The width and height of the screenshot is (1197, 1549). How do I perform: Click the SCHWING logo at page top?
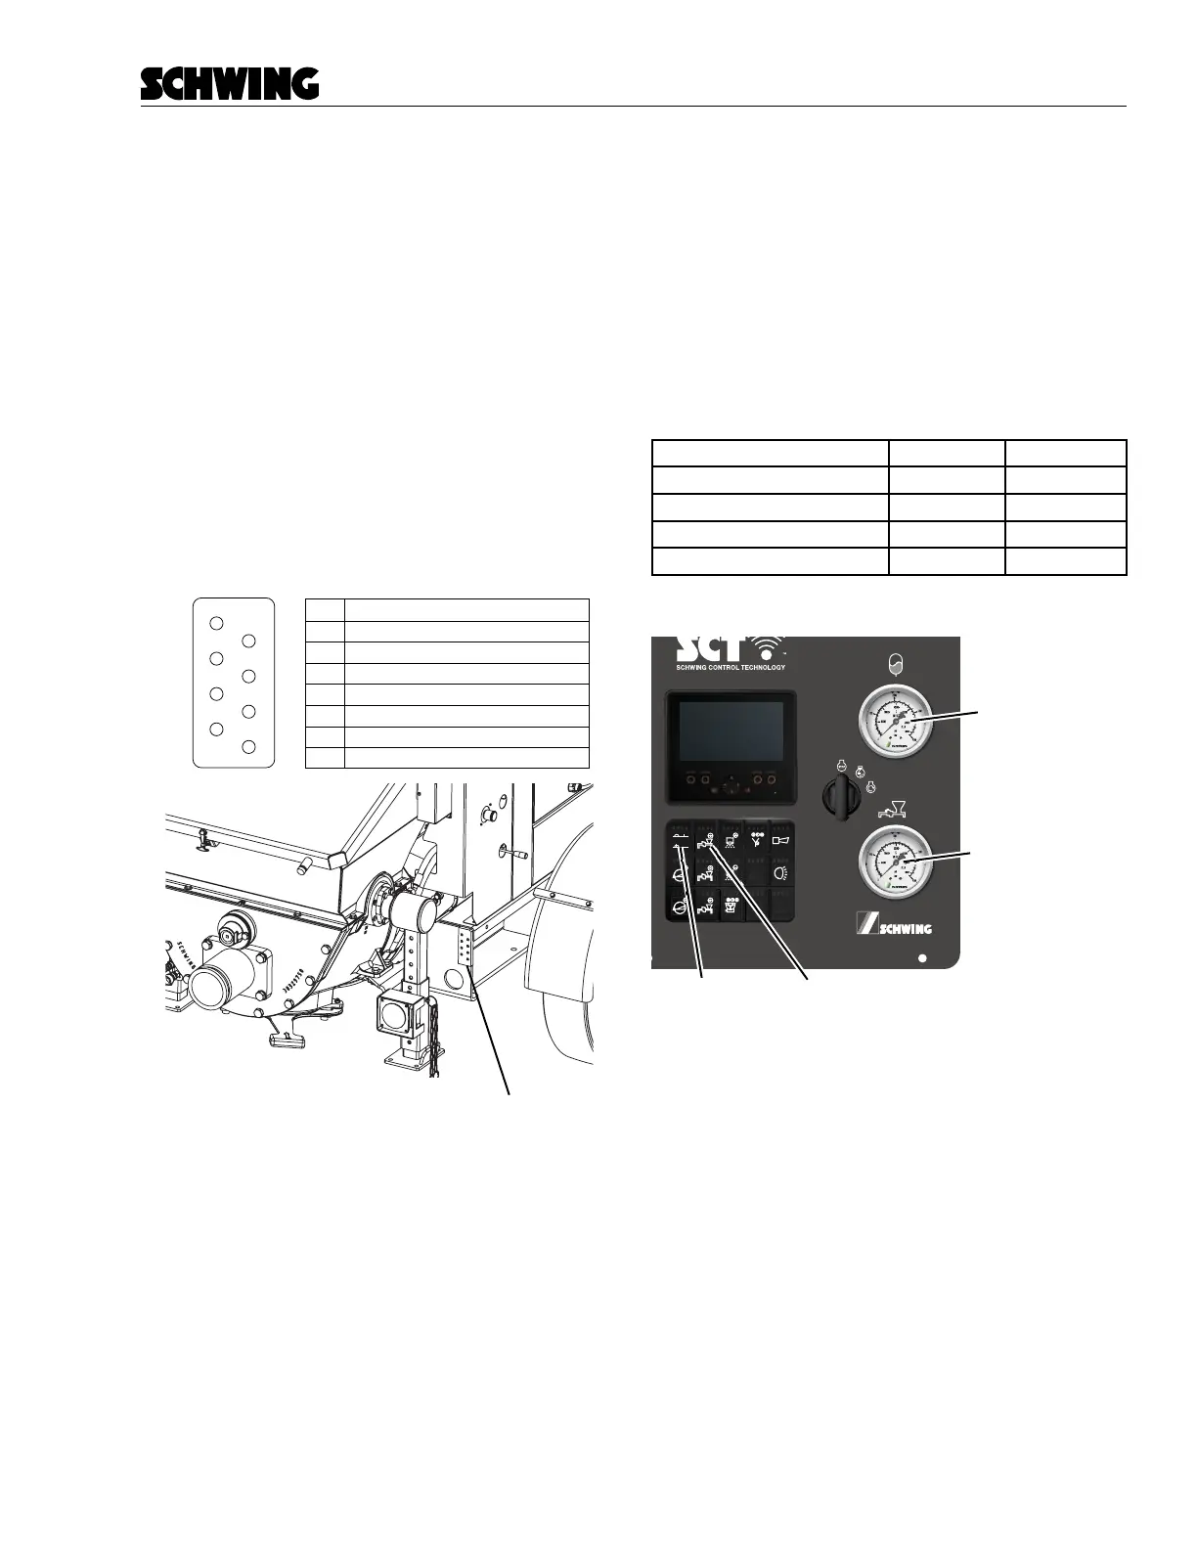[x=230, y=83]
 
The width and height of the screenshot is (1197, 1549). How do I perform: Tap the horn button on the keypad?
[x=780, y=839]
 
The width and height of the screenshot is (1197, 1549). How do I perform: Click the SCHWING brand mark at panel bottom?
[x=894, y=926]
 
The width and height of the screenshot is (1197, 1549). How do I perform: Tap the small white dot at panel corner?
[x=922, y=958]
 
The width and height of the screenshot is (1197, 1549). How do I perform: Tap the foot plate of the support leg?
[x=407, y=1061]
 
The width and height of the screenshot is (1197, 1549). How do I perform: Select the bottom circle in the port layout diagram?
[x=248, y=747]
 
